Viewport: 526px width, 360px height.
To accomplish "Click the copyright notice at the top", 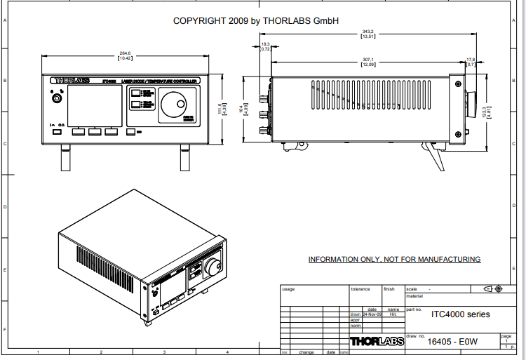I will (x=256, y=21).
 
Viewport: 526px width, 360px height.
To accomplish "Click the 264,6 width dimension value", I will (x=126, y=52).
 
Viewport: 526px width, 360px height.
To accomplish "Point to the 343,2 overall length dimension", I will (x=367, y=31).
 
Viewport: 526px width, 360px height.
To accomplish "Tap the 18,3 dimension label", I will (x=266, y=44).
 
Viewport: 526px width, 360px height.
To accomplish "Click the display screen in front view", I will (x=86, y=107).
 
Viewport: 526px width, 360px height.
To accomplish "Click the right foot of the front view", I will (x=185, y=158).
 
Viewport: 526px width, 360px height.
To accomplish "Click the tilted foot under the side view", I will (x=435, y=154).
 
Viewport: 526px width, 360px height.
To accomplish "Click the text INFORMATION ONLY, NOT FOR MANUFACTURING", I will (x=394, y=260).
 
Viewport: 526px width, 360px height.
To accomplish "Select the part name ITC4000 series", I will (x=460, y=314).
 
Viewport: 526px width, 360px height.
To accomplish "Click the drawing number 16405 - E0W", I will (x=452, y=342).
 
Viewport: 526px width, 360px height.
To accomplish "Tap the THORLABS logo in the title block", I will (x=375, y=342).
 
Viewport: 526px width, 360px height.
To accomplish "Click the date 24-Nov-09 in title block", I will (x=372, y=314).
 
